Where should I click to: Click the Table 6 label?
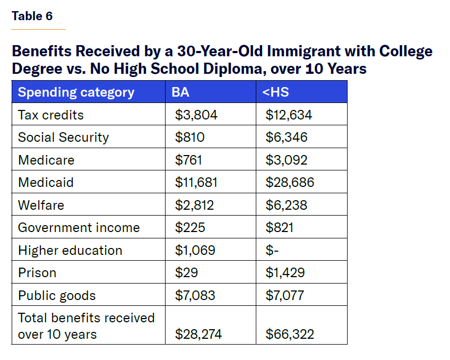(x=32, y=16)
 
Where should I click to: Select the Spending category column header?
(x=76, y=92)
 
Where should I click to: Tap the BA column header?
(x=180, y=92)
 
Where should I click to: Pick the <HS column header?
(x=275, y=92)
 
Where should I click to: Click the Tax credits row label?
(x=51, y=115)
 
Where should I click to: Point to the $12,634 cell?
(x=289, y=115)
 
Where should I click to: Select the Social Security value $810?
(x=190, y=138)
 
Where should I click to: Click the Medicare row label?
(x=46, y=160)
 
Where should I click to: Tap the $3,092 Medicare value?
(x=286, y=160)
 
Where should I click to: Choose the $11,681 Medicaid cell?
(x=196, y=183)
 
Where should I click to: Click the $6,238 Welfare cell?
(x=286, y=205)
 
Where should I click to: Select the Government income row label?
(x=79, y=228)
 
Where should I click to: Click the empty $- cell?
(x=272, y=250)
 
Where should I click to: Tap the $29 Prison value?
(x=186, y=273)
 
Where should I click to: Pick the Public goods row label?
(x=57, y=295)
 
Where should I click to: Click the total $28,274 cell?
(x=198, y=334)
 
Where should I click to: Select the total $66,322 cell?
(x=290, y=334)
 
